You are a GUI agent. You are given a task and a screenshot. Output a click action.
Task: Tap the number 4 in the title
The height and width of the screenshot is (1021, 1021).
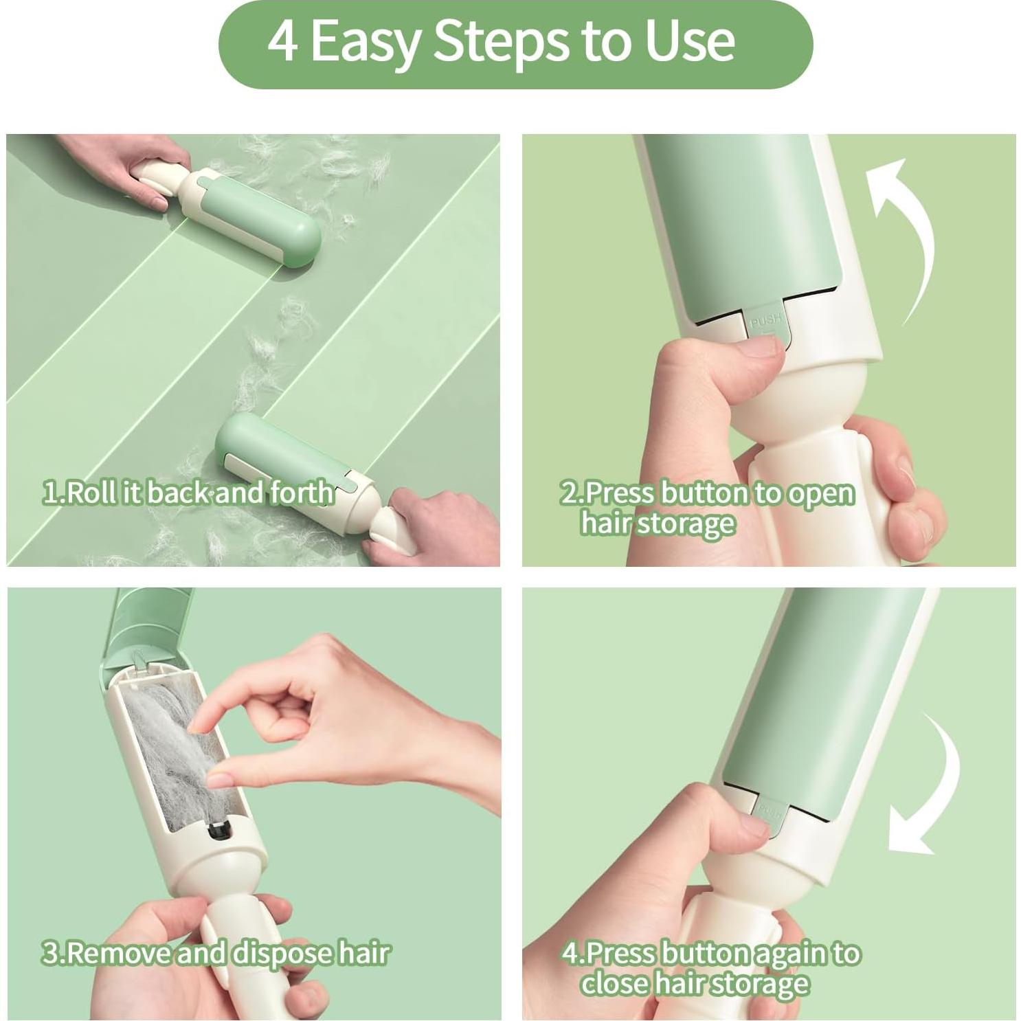[282, 41]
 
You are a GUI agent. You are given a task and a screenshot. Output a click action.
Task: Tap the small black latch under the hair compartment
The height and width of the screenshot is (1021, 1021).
[218, 834]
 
